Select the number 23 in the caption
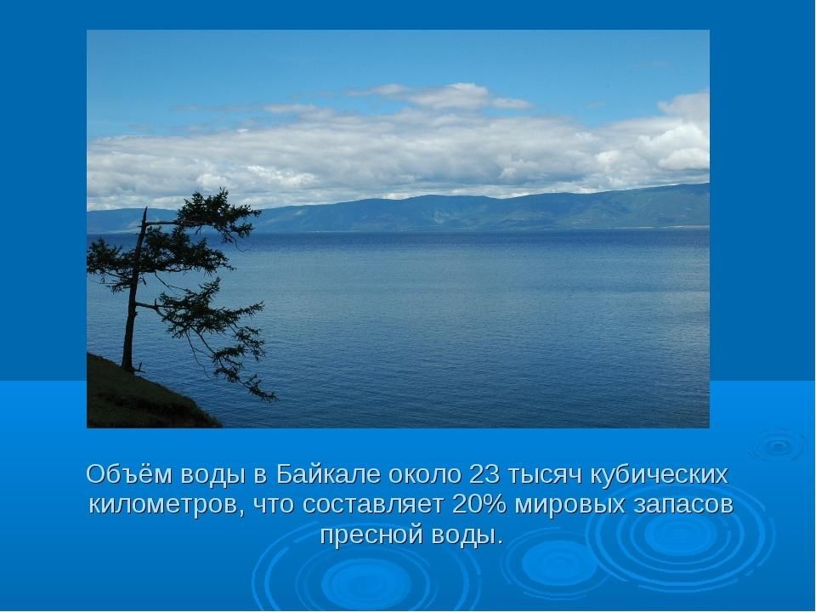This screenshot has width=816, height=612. tap(484, 474)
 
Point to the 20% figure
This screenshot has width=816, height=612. tap(479, 504)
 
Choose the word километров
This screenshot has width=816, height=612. tap(166, 505)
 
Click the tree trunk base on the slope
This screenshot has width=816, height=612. tap(127, 367)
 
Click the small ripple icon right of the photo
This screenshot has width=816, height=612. tap(779, 445)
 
